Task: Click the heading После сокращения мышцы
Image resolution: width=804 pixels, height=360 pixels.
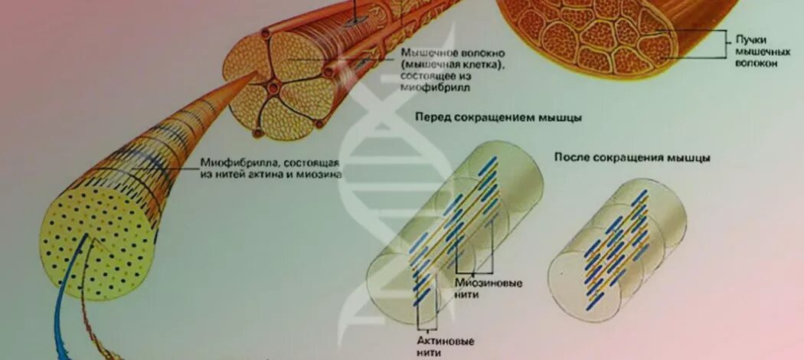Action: pos(632,157)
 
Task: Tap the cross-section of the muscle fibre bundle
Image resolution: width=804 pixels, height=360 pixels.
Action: pos(283,84)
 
